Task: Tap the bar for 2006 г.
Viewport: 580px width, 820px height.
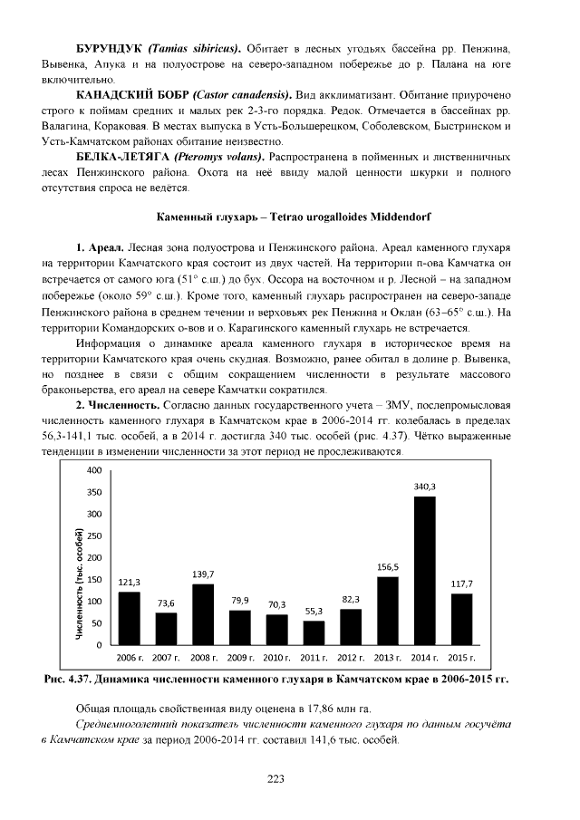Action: pos(129,618)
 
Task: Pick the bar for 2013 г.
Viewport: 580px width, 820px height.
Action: pos(388,610)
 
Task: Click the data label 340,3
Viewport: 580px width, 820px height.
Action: pos(425,487)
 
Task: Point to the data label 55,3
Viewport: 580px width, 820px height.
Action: pos(314,612)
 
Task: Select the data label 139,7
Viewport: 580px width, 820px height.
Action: pos(203,574)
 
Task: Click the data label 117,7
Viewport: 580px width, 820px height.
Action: pos(462,584)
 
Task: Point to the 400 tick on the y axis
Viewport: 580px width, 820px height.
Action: pos(94,470)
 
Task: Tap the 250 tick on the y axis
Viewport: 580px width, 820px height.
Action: pos(94,535)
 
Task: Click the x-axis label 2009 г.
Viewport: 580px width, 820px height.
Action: pos(240,656)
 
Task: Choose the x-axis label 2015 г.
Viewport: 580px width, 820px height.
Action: pos(462,656)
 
